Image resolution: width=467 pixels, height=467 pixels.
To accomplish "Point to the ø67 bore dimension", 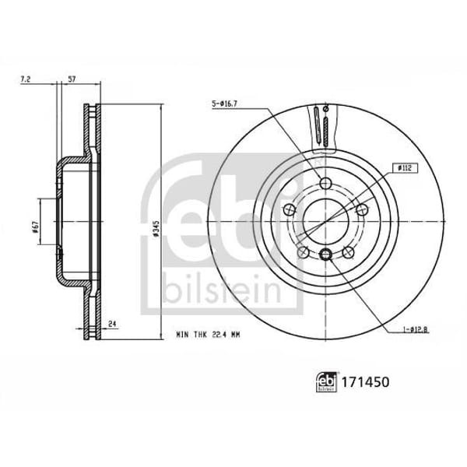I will pos(36,226).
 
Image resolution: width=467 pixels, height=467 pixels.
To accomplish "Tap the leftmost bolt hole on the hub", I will pos(289,209).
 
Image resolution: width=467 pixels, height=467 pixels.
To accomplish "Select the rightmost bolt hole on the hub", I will pos(361,209).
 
